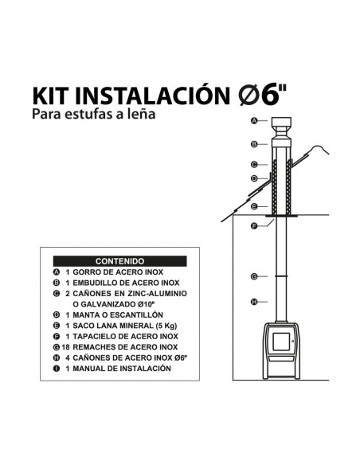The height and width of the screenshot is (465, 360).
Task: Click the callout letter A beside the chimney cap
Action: [254, 120]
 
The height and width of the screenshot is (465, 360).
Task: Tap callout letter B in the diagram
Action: [254, 144]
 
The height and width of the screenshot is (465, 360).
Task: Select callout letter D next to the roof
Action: [254, 178]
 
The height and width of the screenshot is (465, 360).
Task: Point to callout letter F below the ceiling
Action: [254, 226]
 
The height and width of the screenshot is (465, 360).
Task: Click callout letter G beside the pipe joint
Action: [254, 276]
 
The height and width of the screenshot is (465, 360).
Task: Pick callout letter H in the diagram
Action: [254, 302]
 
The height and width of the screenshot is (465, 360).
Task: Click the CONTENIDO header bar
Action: [119, 261]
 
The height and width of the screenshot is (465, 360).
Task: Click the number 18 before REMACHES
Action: [65, 347]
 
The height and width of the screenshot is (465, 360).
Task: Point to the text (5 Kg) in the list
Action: [166, 326]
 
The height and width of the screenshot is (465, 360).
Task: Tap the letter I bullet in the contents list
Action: [57, 369]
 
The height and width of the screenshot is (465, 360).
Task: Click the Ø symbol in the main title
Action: [248, 96]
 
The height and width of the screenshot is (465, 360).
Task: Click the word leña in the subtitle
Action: [142, 114]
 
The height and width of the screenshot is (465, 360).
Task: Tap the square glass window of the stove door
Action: [281, 342]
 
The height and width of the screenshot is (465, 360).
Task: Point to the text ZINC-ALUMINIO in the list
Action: [158, 294]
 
